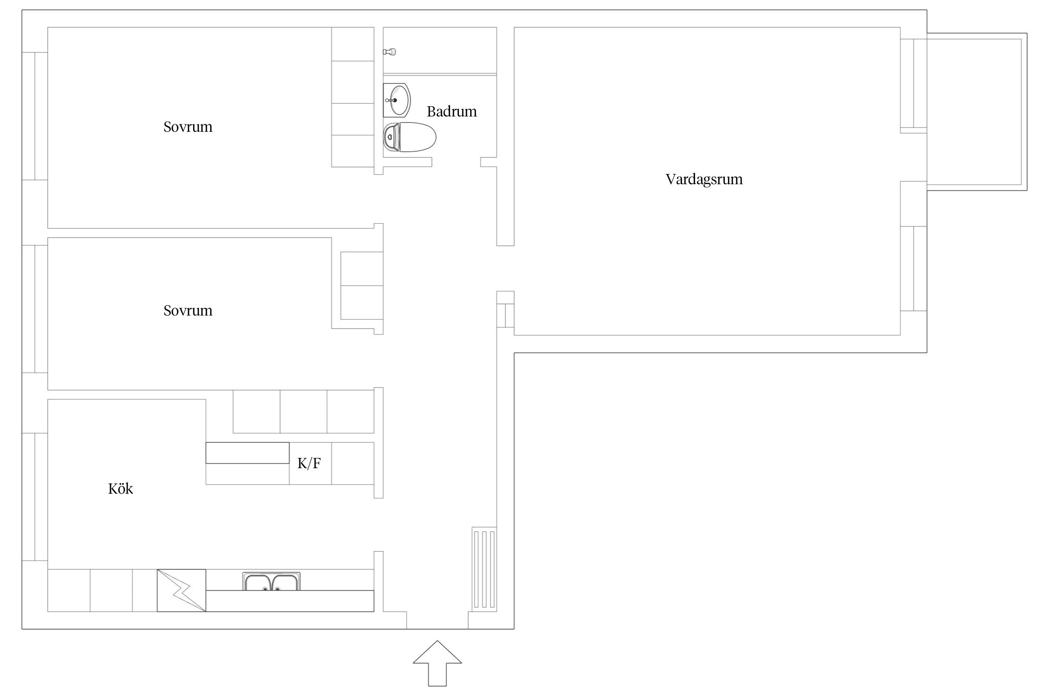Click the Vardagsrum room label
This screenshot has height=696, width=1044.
(704, 180)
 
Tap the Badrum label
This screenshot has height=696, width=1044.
(451, 111)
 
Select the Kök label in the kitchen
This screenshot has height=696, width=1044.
(121, 489)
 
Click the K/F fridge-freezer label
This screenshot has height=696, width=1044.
(309, 463)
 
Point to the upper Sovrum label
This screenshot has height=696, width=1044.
(188, 127)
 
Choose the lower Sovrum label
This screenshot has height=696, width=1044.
(188, 310)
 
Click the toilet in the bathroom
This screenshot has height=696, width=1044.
(410, 137)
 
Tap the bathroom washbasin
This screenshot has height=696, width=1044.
(397, 100)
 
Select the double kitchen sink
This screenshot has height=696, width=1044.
(271, 581)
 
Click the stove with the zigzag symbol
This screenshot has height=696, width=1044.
(181, 590)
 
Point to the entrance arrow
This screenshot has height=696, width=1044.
(437, 663)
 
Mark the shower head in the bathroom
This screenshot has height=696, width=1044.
(390, 52)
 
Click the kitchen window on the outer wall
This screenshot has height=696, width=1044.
(35, 497)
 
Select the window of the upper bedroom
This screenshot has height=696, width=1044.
(35, 116)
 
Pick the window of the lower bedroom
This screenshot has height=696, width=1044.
(35, 309)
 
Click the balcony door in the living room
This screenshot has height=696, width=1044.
(913, 84)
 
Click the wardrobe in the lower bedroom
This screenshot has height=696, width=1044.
(362, 286)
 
